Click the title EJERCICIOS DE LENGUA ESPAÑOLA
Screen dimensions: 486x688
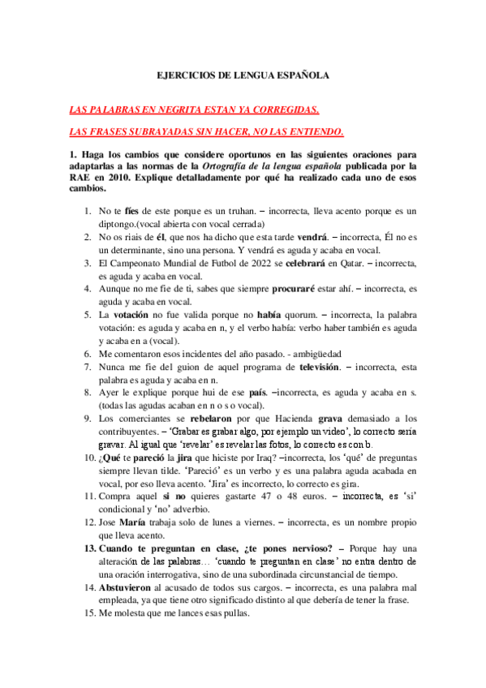tap(243, 74)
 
